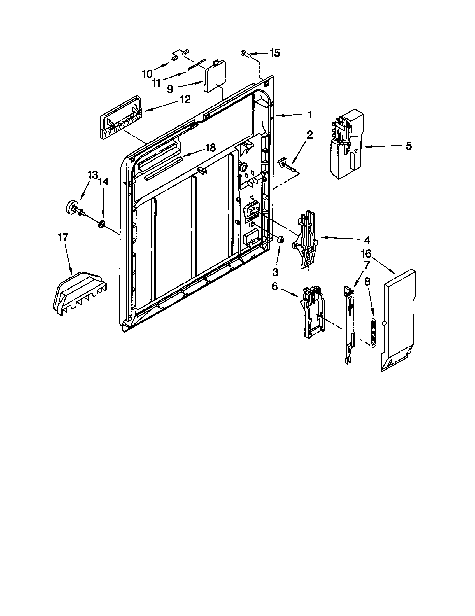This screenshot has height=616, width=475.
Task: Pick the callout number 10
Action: click(147, 74)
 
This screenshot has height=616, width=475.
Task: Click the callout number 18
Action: click(210, 147)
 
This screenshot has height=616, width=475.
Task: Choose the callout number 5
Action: click(409, 146)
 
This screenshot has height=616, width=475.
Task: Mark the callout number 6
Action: click(275, 286)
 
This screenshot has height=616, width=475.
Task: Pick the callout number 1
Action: click(310, 115)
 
